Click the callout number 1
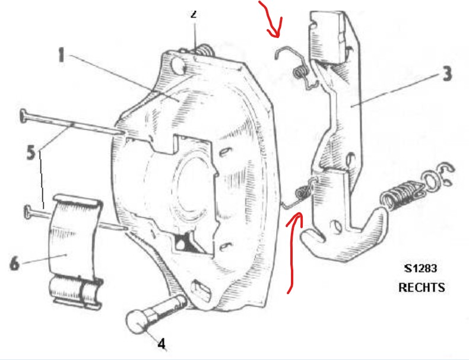[61, 56]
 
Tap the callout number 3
[447, 74]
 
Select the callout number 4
[161, 344]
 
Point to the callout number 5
[31, 152]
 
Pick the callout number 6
[15, 263]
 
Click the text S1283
[421, 269]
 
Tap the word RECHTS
[422, 288]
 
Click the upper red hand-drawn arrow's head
[275, 30]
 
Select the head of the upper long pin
[23, 116]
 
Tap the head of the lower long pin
[27, 212]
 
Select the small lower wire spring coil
[302, 191]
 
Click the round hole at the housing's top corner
[178, 65]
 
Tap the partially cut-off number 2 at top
[194, 14]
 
